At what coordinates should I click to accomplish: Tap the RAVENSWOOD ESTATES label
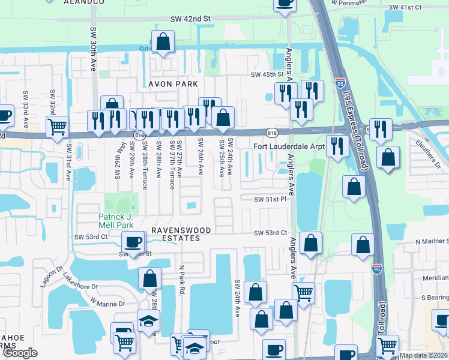pos(174,234)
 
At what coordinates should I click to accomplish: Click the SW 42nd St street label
pos(191,19)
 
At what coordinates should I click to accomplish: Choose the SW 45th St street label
pos(267,74)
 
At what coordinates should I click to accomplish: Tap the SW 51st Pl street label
pos(271,199)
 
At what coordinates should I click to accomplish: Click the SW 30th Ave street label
pos(93,48)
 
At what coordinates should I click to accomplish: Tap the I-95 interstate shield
pos(377,269)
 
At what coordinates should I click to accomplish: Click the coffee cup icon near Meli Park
pos(133,242)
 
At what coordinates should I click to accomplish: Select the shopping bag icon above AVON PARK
pos(163,42)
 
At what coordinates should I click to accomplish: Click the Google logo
pos(20,353)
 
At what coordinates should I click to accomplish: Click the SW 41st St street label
pos(406,7)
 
